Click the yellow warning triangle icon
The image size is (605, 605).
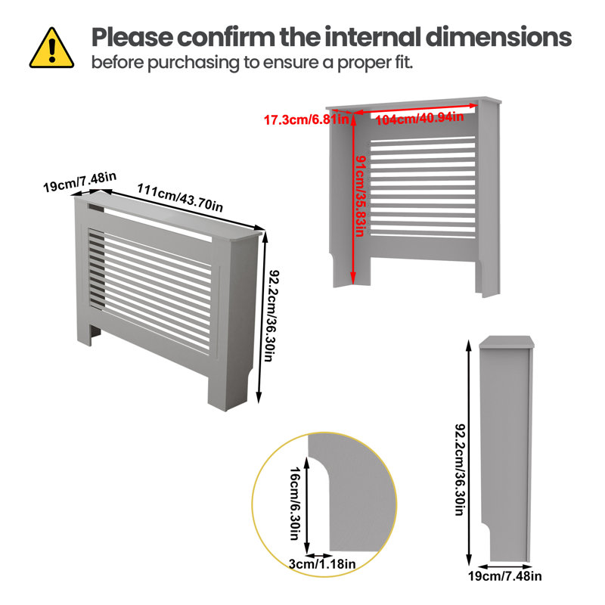pos(51,48)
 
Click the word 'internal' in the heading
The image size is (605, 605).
pos(373,37)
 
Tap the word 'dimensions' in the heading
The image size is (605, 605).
pos(498,37)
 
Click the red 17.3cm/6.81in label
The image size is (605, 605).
pos(306,119)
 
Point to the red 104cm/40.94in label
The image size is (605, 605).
pos(420,118)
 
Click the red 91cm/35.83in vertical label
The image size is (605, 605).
pos(361,196)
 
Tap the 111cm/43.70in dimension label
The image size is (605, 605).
pos(180,197)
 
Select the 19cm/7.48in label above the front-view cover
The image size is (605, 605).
pos(79,181)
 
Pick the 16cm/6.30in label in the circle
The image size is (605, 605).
pos(294,504)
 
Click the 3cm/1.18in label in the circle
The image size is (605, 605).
pos(322,564)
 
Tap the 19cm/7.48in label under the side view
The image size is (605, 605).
pos(504,576)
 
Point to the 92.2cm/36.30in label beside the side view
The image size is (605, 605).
pos(461,470)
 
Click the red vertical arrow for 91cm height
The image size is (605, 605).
pos(353,199)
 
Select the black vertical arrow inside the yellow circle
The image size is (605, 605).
pos(307,505)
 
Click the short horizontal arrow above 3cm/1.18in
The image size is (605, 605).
pos(320,556)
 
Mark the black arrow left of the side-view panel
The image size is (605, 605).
pos(469,453)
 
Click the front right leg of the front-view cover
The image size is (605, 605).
pos(228,389)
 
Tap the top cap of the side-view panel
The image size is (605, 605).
pos(507,343)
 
